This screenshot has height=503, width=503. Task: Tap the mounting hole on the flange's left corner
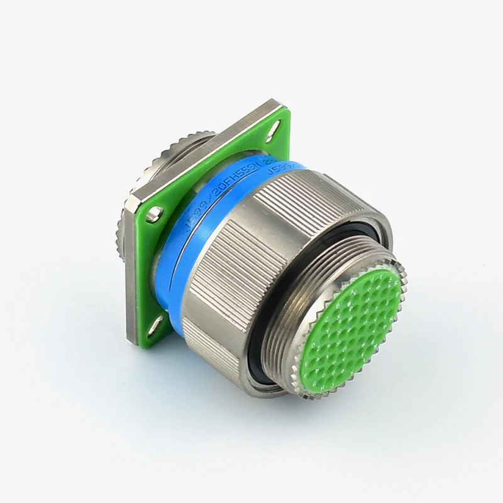click(x=152, y=218)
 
